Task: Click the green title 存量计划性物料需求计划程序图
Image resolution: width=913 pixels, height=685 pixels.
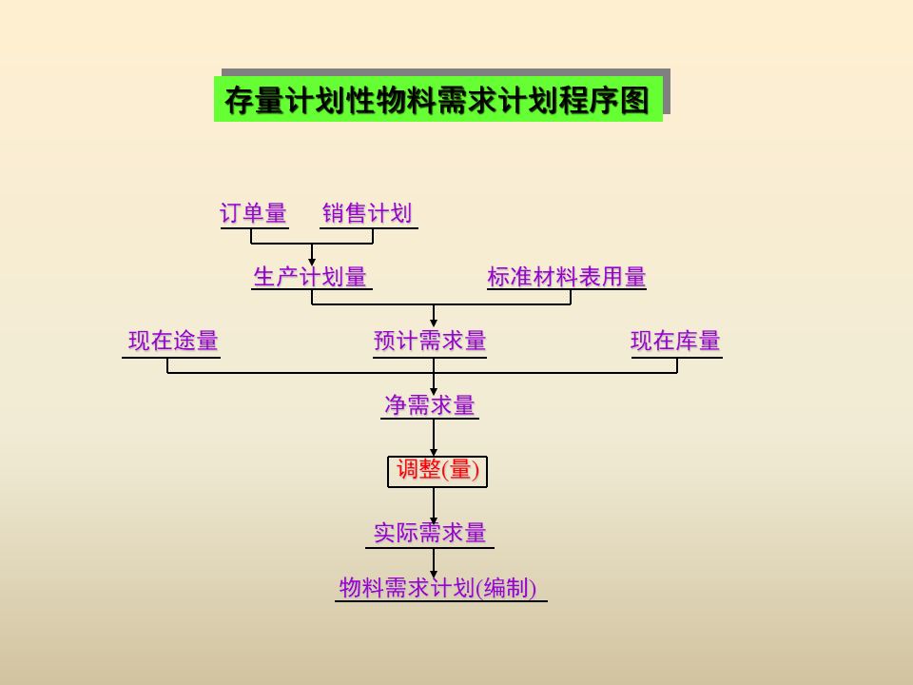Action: click(x=437, y=100)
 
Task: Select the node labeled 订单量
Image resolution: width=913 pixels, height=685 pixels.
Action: click(x=253, y=213)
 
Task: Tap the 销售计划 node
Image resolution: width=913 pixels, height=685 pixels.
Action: click(x=367, y=213)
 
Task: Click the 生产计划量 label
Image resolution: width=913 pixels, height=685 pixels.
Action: click(x=310, y=277)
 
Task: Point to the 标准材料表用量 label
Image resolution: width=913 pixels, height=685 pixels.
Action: click(x=566, y=277)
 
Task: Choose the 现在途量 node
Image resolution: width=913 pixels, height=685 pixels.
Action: click(x=173, y=341)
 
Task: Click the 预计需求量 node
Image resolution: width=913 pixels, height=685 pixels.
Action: click(x=430, y=341)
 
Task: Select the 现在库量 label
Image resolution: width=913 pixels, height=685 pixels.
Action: click(x=675, y=341)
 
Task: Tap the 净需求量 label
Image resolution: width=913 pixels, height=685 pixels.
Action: click(x=430, y=405)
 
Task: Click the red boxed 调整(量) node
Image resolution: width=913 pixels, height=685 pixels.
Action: click(x=437, y=469)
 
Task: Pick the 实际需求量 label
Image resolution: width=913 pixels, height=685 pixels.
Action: click(x=430, y=532)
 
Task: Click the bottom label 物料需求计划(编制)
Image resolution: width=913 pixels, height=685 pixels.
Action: click(x=437, y=588)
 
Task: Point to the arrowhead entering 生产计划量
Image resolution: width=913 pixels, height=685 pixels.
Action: click(x=312, y=261)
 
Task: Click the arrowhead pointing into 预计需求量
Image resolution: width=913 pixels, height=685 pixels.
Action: click(x=434, y=323)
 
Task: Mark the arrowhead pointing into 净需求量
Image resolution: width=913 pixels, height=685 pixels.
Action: click(x=434, y=389)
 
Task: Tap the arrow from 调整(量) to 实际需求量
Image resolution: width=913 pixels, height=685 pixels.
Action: click(x=434, y=504)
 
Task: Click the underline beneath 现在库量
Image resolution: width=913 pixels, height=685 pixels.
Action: click(x=675, y=358)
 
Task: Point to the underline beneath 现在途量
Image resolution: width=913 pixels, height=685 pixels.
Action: click(x=171, y=358)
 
